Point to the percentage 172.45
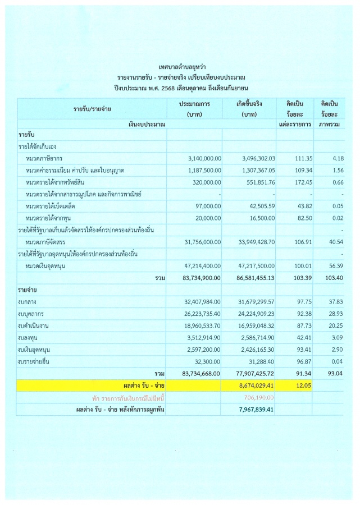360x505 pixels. [x=298, y=182]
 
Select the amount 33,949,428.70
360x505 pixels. [x=252, y=242]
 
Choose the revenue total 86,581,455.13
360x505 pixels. [x=252, y=277]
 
